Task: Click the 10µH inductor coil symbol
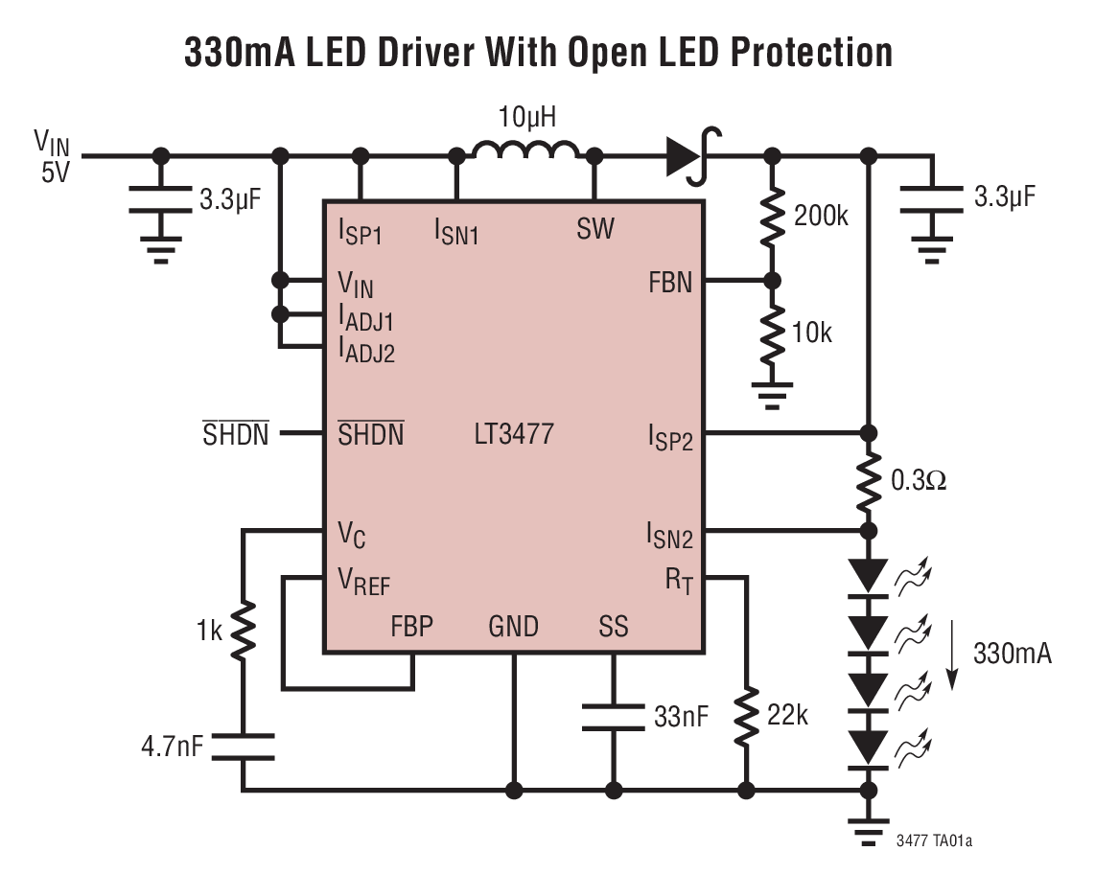click(x=525, y=152)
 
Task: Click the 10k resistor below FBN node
click(x=770, y=333)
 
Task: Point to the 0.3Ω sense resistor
click(x=869, y=480)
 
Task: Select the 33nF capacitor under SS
click(x=613, y=717)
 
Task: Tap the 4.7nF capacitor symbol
click(x=244, y=746)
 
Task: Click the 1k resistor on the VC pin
click(x=244, y=632)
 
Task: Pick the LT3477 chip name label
click(x=513, y=434)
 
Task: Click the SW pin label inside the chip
click(x=595, y=229)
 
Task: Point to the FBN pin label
click(x=670, y=284)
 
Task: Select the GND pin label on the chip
click(x=513, y=627)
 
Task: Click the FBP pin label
click(x=411, y=627)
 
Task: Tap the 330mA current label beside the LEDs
click(x=1013, y=655)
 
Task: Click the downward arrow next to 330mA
click(x=951, y=655)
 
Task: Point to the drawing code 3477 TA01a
click(x=934, y=840)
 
